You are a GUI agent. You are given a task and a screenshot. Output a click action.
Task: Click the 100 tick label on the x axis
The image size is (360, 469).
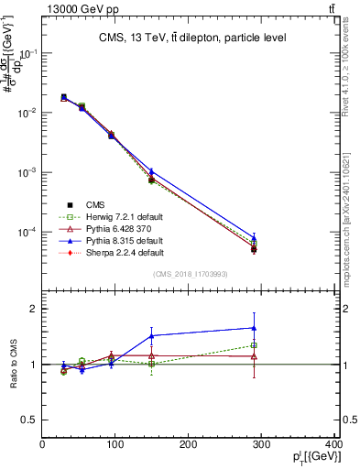pos(115,445)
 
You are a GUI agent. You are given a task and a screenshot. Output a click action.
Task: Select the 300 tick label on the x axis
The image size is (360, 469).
pos(261,445)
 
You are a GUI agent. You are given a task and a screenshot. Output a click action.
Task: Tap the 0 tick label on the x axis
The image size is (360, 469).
pos(42,445)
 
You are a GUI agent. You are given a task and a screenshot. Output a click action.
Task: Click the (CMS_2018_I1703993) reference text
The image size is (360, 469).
pos(190,275)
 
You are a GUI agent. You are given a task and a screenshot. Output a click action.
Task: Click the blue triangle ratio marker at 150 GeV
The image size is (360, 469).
pos(151,335)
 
